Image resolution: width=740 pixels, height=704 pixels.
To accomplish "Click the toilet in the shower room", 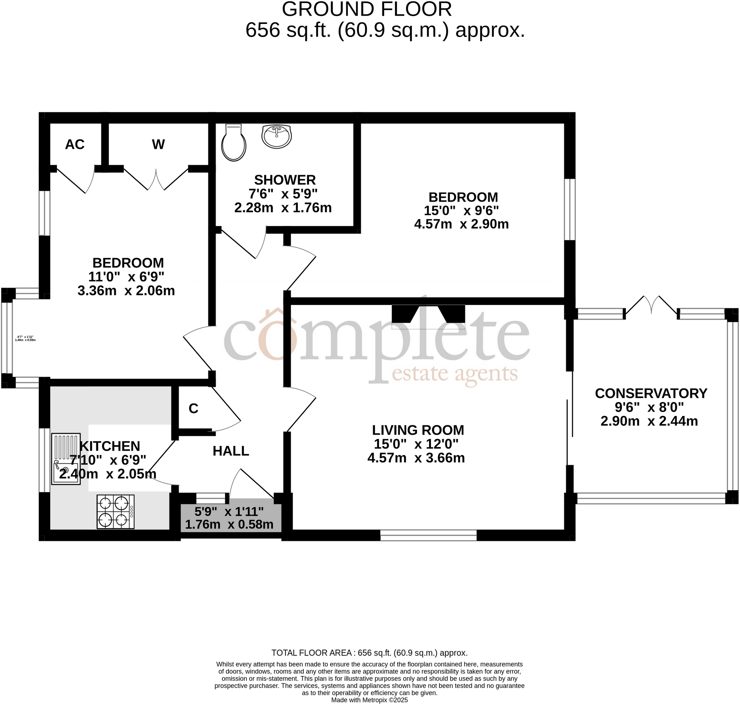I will tap(233, 143).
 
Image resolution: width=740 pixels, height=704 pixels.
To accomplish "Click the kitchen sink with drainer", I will tap(66, 459).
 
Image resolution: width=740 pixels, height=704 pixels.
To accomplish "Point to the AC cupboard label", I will tap(75, 144).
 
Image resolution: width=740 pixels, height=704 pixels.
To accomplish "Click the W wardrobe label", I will tap(158, 144).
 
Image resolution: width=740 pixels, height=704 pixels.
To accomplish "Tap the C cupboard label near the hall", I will tap(193, 408).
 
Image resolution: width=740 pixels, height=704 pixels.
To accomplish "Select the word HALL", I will tap(231, 451).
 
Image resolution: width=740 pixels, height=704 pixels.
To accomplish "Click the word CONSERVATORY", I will tap(651, 393).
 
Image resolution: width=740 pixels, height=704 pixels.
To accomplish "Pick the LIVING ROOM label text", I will tap(418, 430).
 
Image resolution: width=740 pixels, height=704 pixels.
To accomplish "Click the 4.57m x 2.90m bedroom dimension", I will tap(461, 224).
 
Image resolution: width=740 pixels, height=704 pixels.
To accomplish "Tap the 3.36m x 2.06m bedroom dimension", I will tap(126, 291).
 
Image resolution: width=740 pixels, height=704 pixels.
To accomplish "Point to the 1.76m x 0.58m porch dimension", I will tap(229, 524).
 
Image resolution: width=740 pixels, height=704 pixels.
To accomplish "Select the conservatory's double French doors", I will tap(651, 306).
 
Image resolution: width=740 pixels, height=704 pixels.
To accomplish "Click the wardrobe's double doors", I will tap(156, 180).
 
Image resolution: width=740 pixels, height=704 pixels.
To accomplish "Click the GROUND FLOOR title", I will tap(367, 9).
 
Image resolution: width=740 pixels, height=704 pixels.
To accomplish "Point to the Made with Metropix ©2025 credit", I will tap(369, 700).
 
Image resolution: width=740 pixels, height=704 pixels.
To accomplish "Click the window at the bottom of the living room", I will tap(428, 535).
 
